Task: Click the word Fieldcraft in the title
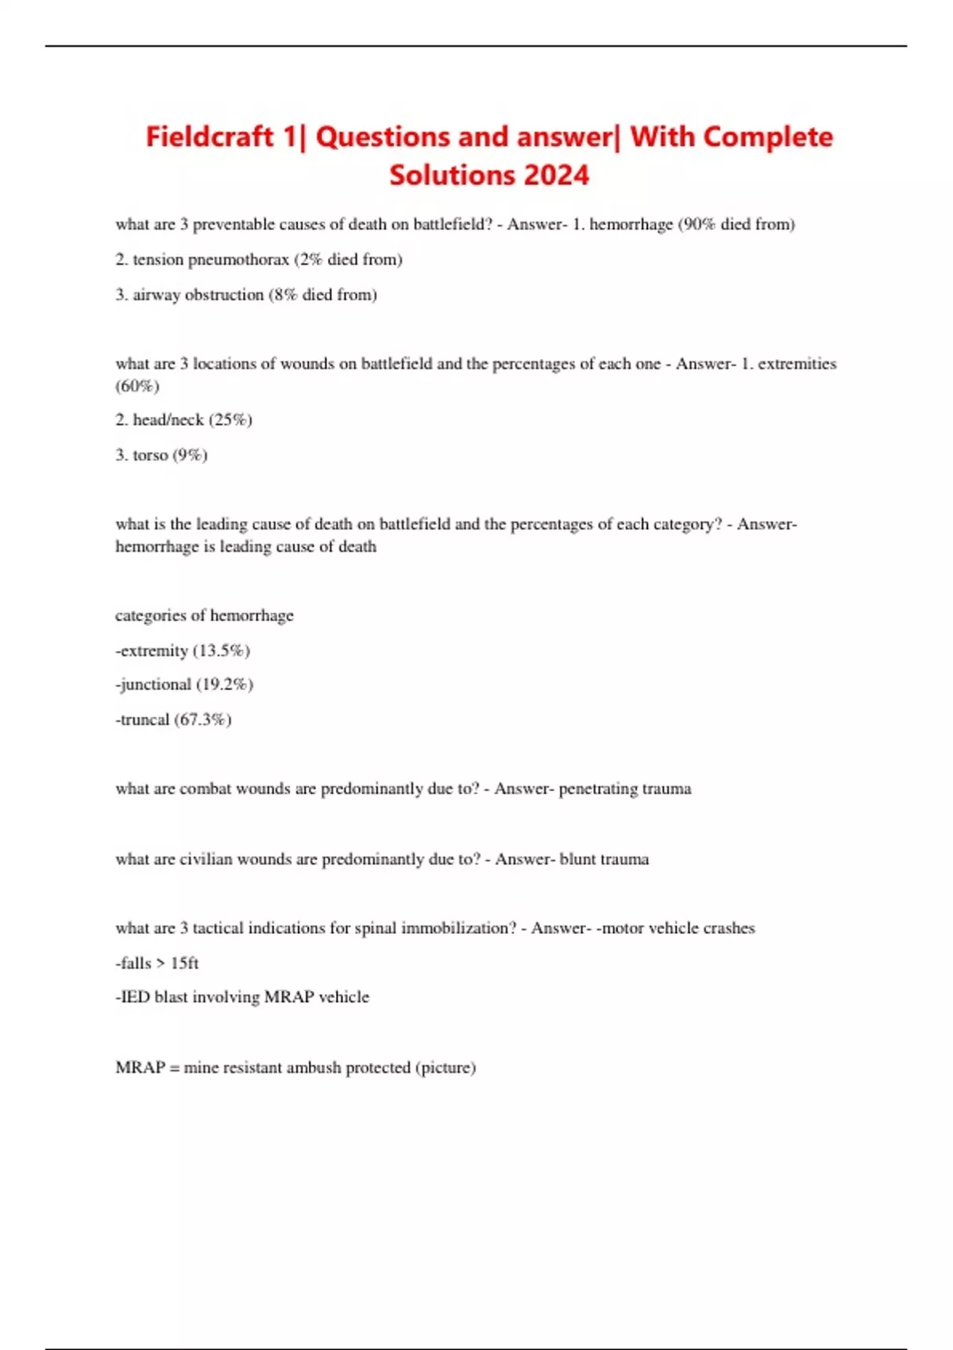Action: [210, 137]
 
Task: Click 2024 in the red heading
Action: [556, 175]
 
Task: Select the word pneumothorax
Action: [238, 260]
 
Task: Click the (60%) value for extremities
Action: [137, 387]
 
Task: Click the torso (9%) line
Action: [161, 455]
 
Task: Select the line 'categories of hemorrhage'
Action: [204, 615]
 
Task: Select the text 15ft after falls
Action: [184, 963]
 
